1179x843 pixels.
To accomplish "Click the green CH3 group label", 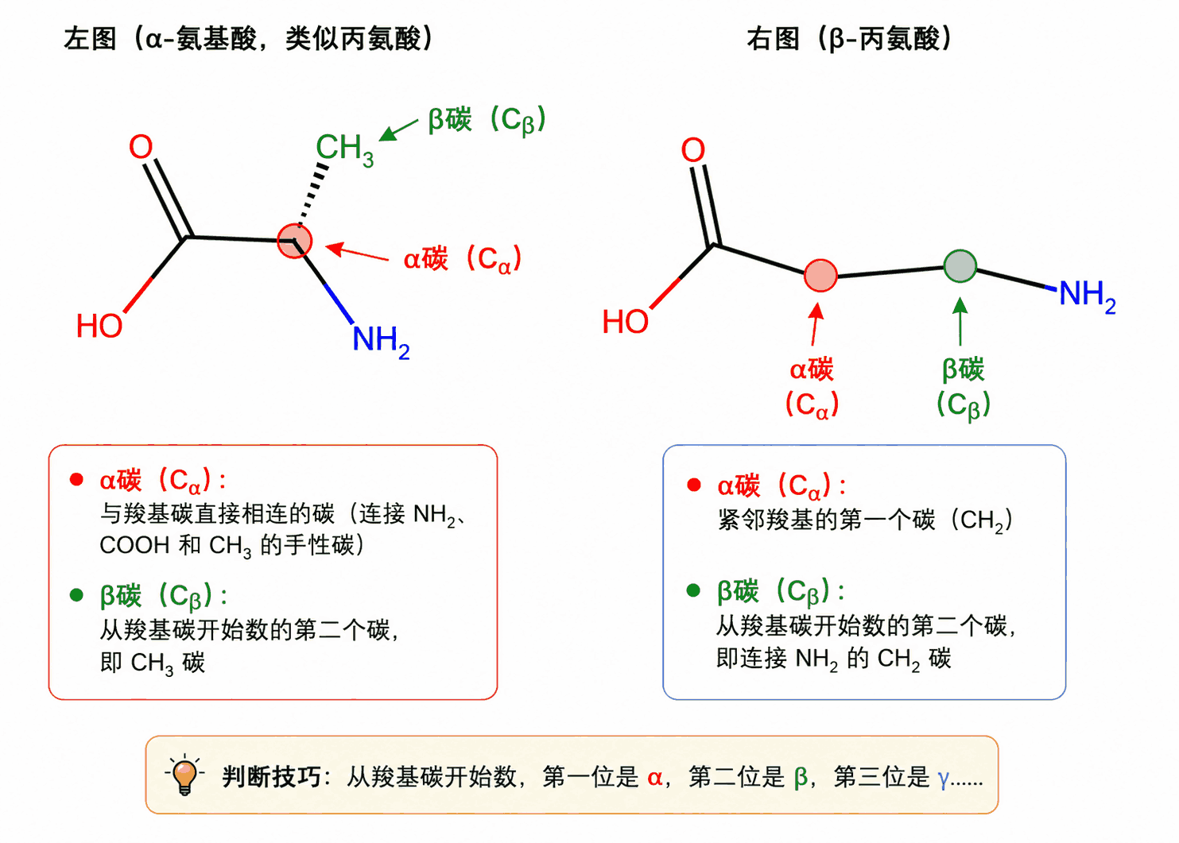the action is [x=345, y=150].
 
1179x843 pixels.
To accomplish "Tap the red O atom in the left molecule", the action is [x=141, y=147].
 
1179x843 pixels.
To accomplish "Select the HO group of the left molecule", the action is [x=99, y=326].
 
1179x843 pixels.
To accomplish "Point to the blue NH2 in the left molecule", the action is [x=381, y=342].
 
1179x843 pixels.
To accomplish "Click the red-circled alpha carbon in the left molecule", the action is [x=295, y=241].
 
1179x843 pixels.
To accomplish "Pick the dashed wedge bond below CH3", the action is [x=312, y=195].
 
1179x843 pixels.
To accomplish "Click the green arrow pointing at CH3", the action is [x=398, y=130].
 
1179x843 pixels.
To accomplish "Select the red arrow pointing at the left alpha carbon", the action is [x=358, y=252].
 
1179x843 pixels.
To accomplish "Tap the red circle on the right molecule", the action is [x=820, y=276].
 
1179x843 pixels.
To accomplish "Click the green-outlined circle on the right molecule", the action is [x=960, y=266].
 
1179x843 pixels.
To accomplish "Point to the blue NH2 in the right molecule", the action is [x=1088, y=296].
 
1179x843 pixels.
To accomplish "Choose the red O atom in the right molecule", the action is [x=692, y=150].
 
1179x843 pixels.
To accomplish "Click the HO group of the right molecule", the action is [x=626, y=321].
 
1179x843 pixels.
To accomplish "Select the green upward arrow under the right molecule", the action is [x=960, y=321].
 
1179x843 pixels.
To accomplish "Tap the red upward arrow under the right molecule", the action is [x=816, y=324].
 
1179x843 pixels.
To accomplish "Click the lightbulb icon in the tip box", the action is [x=184, y=774].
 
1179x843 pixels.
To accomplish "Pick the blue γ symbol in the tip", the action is [x=943, y=779].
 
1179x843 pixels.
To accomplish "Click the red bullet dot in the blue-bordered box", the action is [x=694, y=485].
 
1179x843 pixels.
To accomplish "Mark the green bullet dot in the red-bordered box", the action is [x=76, y=595].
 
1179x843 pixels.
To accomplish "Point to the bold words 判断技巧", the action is [x=271, y=777].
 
